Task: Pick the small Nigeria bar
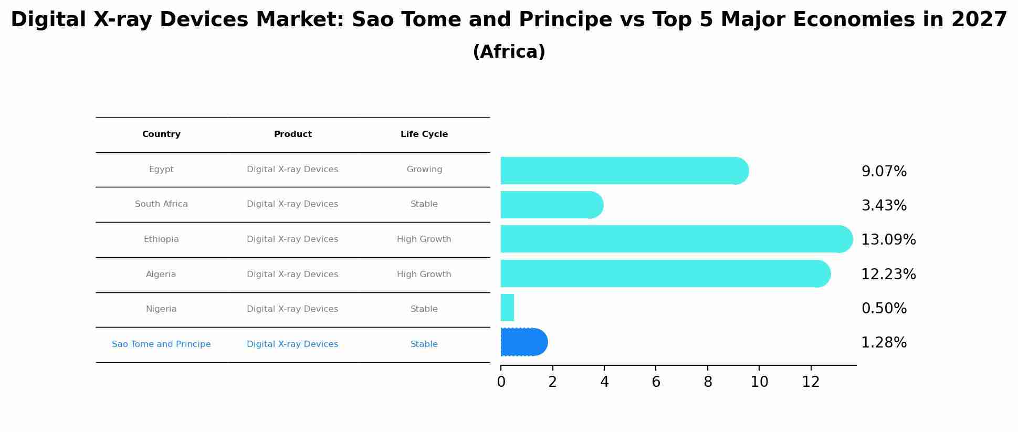point(507,308)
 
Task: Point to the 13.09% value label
point(888,240)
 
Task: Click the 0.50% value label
point(884,309)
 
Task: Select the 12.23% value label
point(888,275)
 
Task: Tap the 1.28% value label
point(884,343)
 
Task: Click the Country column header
point(161,134)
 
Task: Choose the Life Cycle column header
point(424,134)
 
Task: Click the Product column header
point(292,134)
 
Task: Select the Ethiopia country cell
point(161,239)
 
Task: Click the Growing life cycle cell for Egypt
point(424,170)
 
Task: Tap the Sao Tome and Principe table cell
point(161,344)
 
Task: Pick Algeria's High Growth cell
point(424,275)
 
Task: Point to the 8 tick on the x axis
point(708,382)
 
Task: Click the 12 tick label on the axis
point(811,382)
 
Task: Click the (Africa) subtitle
point(509,52)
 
